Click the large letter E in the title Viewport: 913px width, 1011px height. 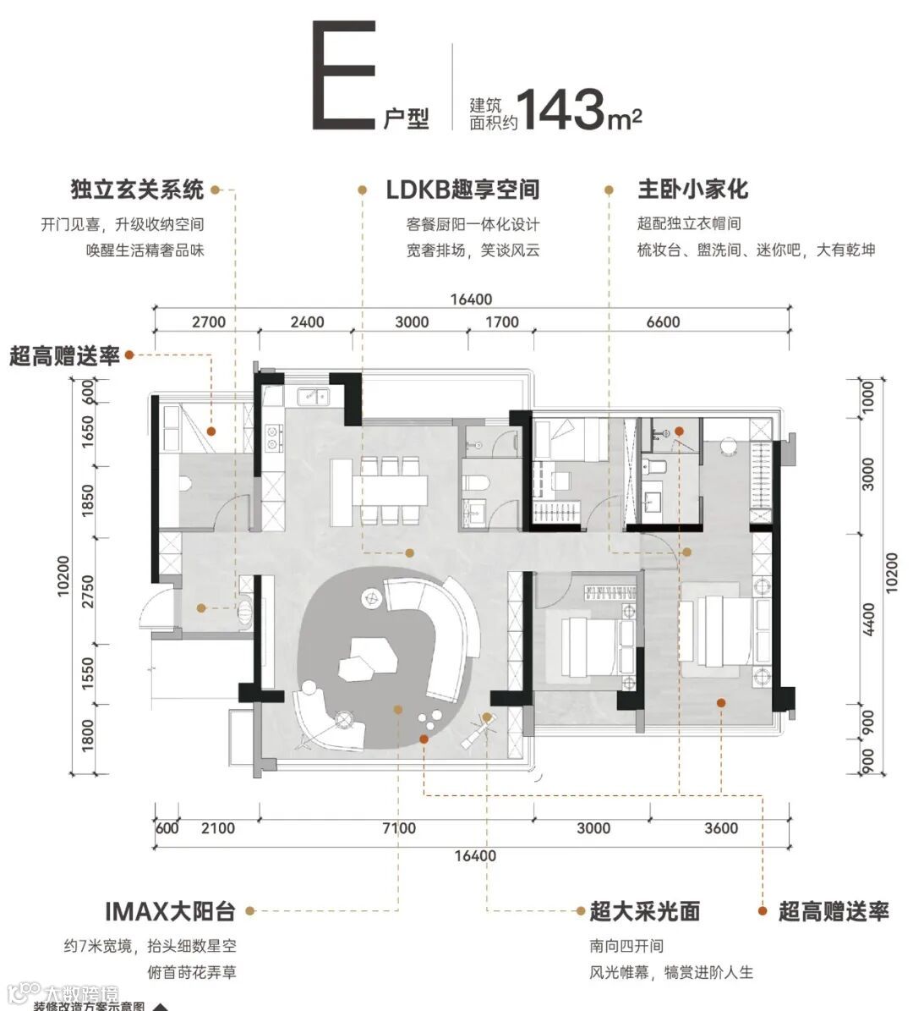(x=344, y=78)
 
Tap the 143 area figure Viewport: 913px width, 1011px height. (x=560, y=108)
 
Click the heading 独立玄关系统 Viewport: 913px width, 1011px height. (x=137, y=190)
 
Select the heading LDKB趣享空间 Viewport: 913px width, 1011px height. (x=462, y=190)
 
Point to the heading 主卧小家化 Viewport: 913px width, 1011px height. (x=692, y=190)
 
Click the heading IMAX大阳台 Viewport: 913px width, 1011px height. (x=170, y=911)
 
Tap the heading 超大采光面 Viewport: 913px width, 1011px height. (x=645, y=911)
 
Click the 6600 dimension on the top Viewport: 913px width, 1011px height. (x=663, y=322)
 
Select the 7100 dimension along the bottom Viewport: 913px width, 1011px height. (x=398, y=828)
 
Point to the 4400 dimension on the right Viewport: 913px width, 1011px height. (x=870, y=619)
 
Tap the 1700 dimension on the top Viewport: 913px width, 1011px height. (x=502, y=322)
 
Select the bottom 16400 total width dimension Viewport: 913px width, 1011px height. (x=475, y=855)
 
